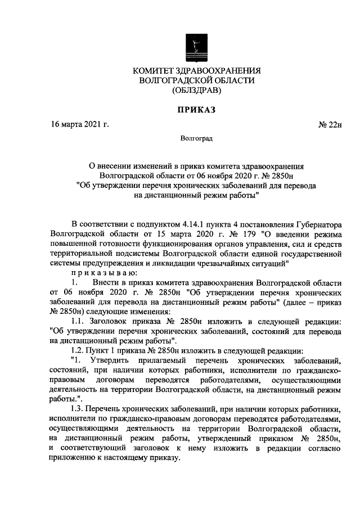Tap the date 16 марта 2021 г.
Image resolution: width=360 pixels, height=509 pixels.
point(78,124)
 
